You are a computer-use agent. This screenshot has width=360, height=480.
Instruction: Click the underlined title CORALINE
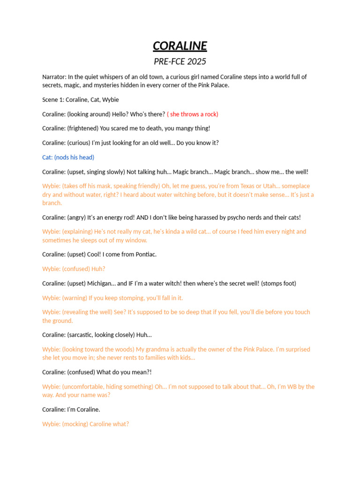point(180,46)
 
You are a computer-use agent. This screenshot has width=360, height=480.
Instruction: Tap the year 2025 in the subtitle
point(196,61)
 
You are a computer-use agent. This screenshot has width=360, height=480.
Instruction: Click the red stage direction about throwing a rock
point(193,114)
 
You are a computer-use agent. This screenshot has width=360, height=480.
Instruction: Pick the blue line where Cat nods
point(68,157)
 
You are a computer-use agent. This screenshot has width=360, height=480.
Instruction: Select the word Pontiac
point(145,255)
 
